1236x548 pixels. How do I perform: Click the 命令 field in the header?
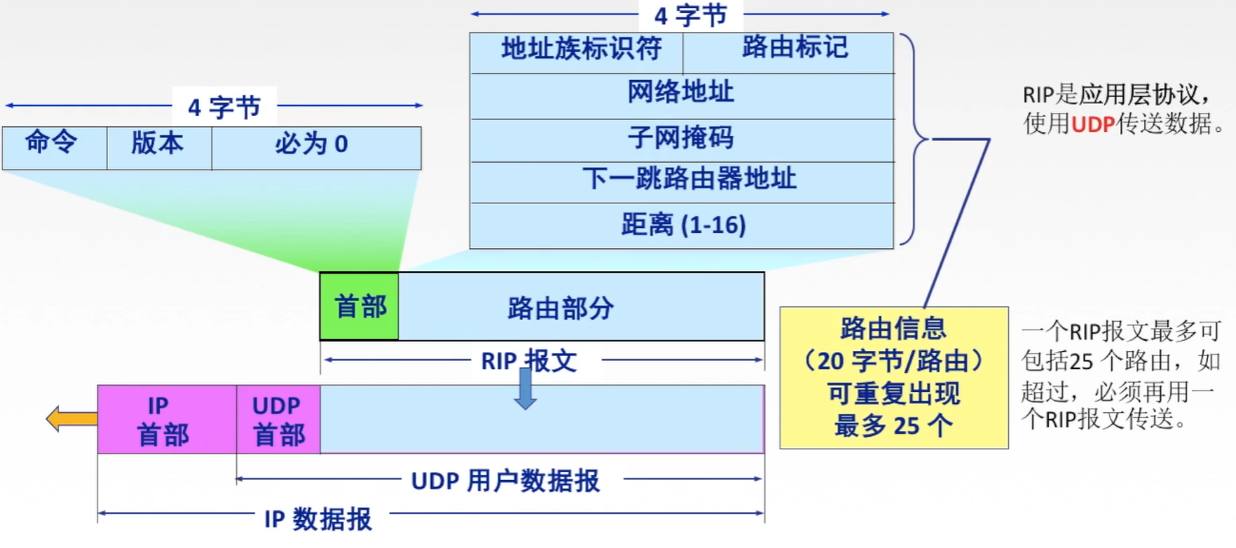point(54,147)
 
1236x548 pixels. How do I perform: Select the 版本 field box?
point(158,147)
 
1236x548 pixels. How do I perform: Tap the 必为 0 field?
point(316,147)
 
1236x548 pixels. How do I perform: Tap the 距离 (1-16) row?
point(681,225)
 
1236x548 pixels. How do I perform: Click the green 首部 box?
point(359,306)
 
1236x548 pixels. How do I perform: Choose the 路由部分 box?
point(580,306)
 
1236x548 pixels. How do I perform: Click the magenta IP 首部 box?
point(166,419)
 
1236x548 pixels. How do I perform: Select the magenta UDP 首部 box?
point(278,419)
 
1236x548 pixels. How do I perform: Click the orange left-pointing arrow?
point(71,418)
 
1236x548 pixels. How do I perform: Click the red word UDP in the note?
point(1092,126)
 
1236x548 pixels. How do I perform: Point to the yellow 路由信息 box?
point(893,377)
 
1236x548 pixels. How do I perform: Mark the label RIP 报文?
point(528,361)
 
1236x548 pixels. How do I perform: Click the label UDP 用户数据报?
point(505,481)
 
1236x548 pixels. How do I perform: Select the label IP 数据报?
point(318,519)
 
